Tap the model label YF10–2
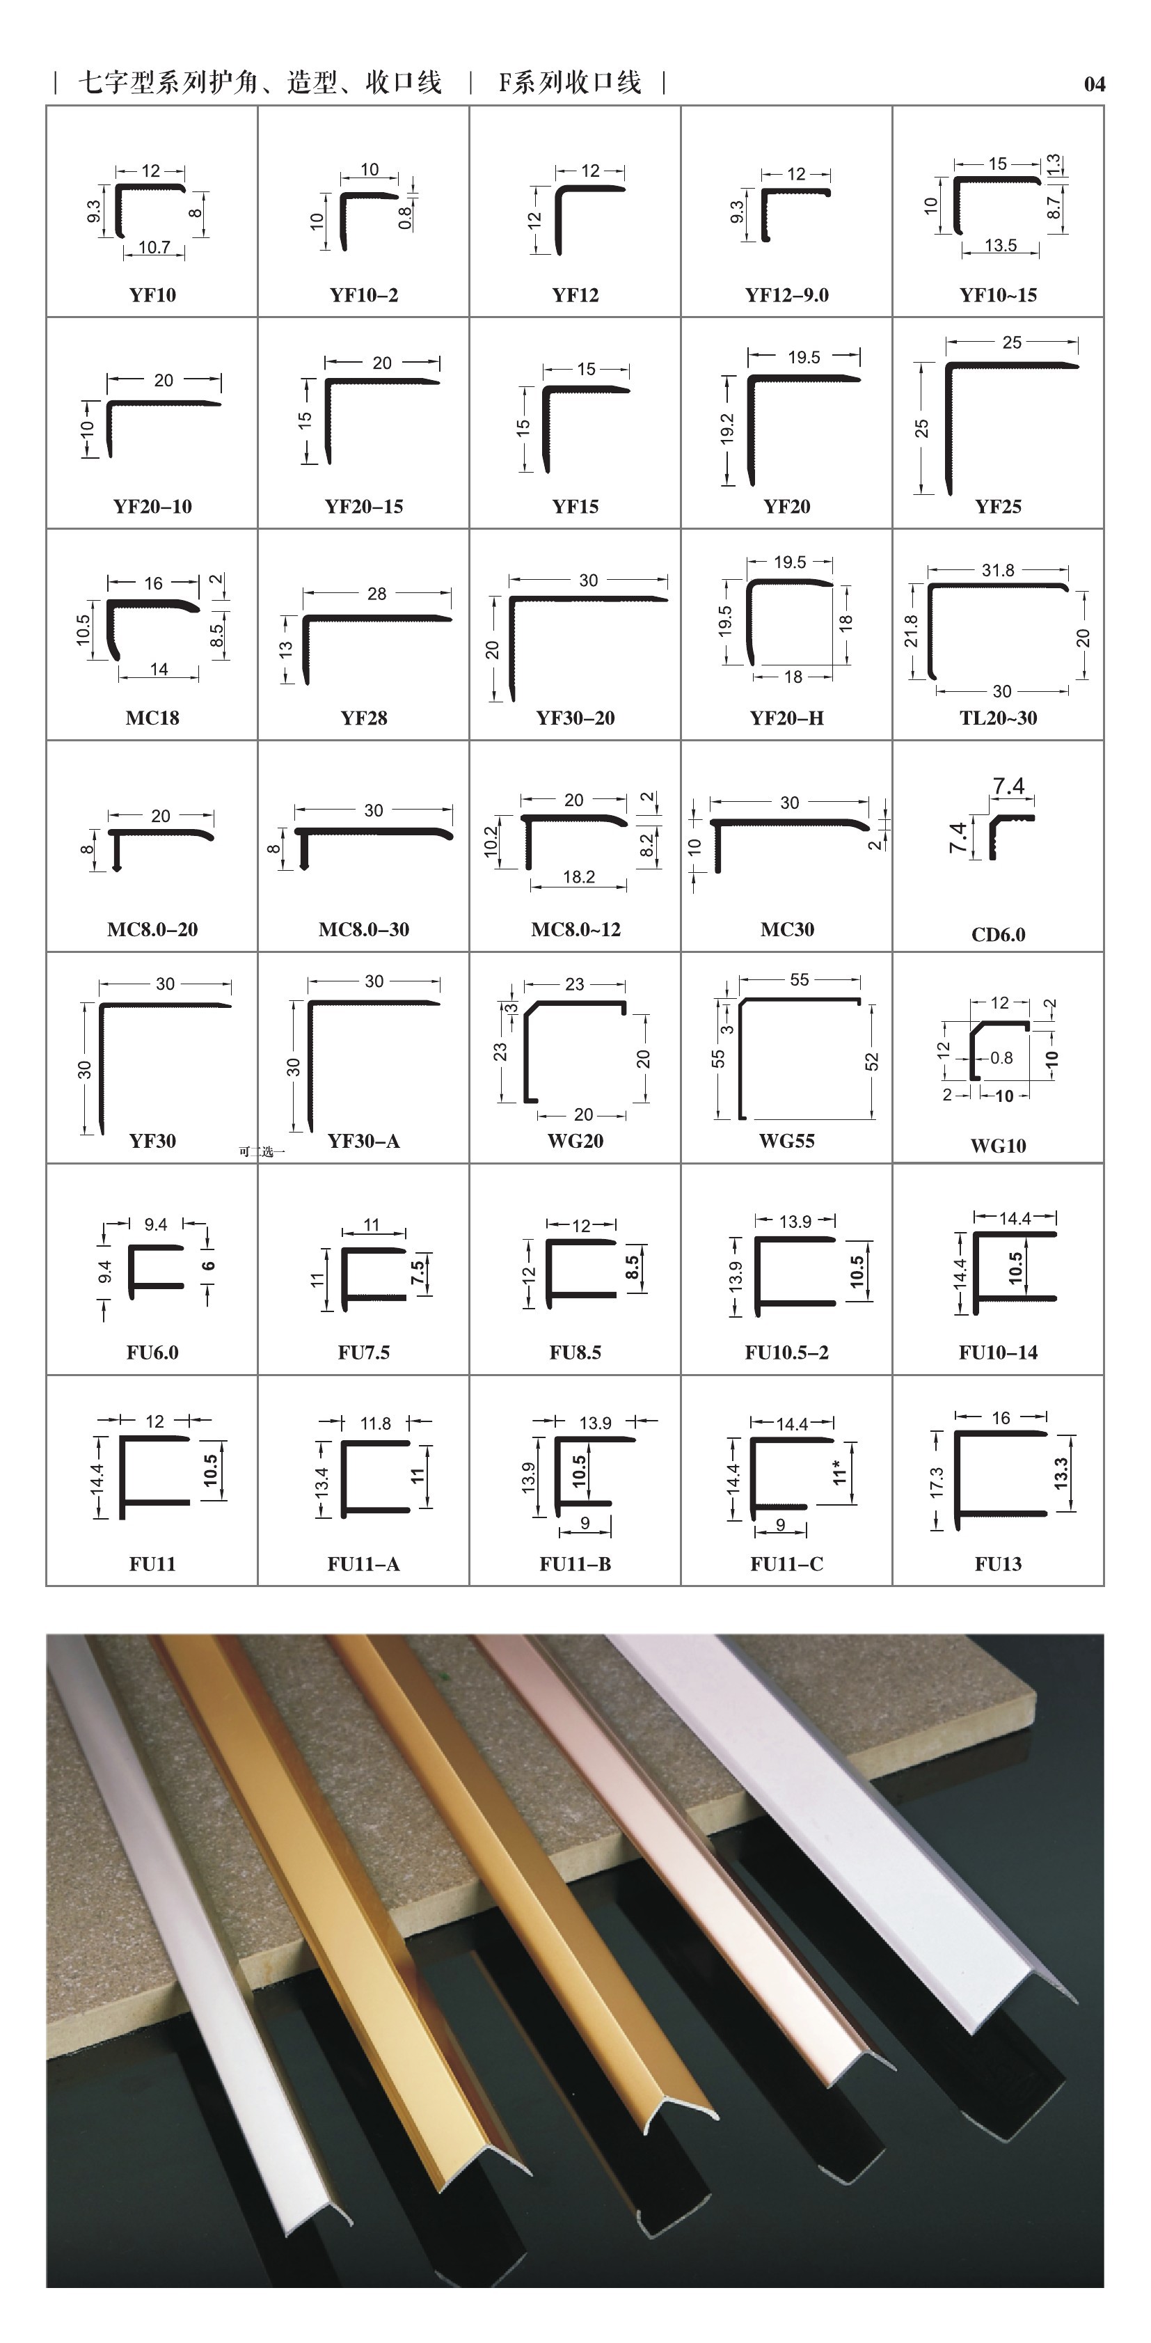point(364,294)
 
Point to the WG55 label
point(786,1141)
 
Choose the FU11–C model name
point(786,1563)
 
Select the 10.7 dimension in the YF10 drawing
point(154,247)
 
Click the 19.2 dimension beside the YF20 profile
point(727,430)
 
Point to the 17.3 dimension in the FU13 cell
point(937,1482)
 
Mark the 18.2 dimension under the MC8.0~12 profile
point(578,877)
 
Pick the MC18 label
point(152,718)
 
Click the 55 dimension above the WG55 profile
point(799,979)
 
